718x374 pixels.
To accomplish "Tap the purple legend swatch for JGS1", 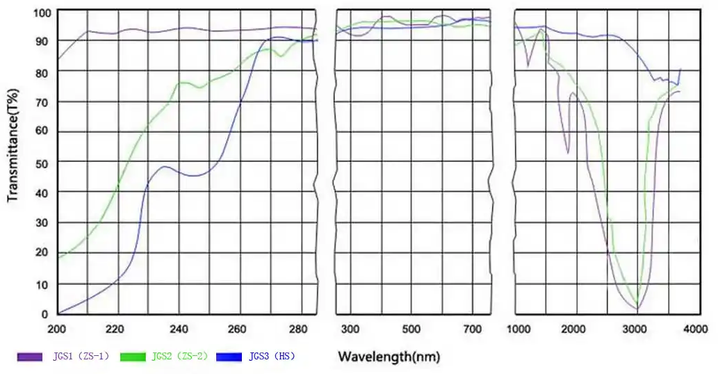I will pos(31,357).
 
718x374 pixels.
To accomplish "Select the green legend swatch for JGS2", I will pos(134,357).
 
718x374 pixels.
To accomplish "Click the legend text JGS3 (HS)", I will pos(272,357).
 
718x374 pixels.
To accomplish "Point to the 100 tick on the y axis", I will pos(42,13).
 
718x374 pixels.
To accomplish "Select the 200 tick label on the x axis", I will pos(58,329).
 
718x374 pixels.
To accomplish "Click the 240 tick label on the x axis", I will pos(179,329).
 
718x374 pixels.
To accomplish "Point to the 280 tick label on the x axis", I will pos(300,329).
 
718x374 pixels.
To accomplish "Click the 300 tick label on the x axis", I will pos(350,329).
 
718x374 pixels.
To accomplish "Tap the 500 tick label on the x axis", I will pos(411,329).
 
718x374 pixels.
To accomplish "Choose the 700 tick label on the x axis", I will pos(473,329).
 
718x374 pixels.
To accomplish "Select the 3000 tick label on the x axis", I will pos(636,329).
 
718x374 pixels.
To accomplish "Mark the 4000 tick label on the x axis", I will pos(696,329).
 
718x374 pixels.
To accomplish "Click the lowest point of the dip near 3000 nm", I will pos(637,308).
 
